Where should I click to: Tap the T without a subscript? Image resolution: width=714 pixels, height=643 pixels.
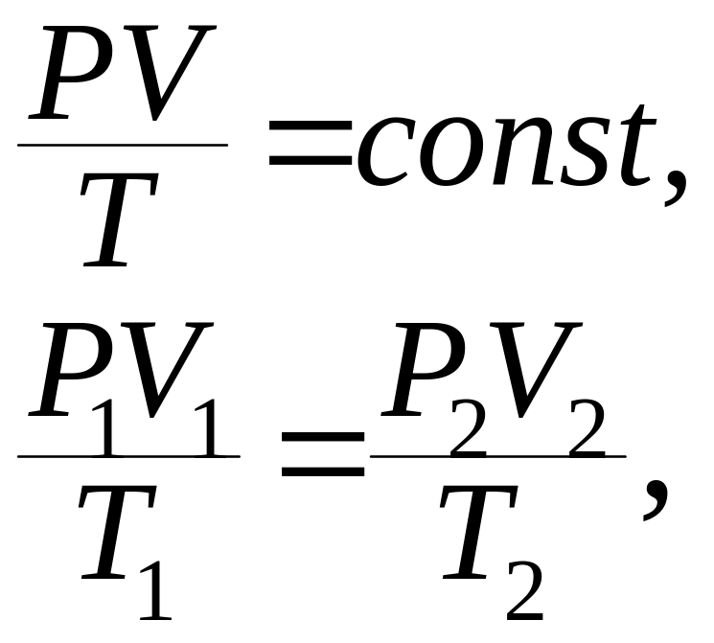119,219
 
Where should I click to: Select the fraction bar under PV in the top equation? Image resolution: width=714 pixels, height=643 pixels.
123,145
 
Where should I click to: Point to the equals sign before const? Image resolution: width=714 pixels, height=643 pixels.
311,142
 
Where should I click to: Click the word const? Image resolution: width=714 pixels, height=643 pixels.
506,146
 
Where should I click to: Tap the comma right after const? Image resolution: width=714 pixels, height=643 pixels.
675,188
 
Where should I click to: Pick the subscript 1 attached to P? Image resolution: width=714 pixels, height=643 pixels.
107,428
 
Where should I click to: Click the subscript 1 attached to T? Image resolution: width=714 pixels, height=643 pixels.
155,590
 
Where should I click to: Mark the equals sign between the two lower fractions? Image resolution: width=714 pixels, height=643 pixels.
323,453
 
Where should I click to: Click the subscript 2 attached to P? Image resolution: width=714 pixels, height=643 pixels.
468,428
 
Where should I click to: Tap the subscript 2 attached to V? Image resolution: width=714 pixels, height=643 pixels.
587,428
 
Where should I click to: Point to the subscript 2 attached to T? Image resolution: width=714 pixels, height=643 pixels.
524,590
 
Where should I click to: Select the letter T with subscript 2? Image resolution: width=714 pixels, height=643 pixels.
479,532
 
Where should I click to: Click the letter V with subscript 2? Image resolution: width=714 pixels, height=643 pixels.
536,370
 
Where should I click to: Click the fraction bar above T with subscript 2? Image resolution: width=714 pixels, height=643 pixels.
498,456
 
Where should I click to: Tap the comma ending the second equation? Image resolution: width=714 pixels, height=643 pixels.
655,498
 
